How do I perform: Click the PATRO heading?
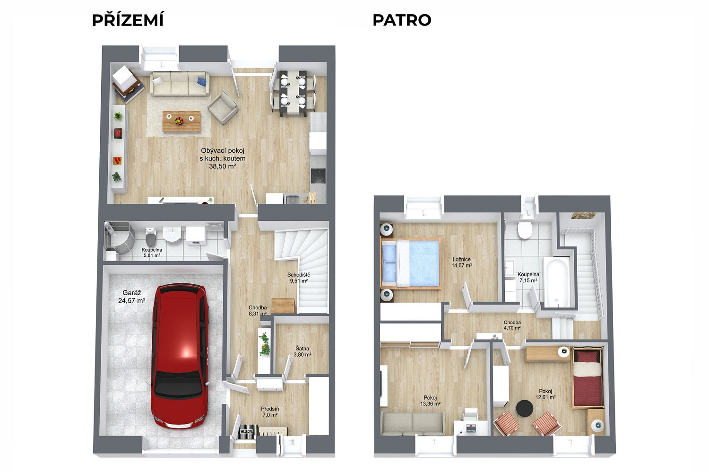[402, 20]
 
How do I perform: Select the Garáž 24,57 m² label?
[132, 297]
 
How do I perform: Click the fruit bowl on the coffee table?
[179, 121]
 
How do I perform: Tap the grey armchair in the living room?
[223, 107]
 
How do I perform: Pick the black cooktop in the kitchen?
[318, 176]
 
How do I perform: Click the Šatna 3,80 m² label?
[303, 351]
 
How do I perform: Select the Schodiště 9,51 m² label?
[299, 278]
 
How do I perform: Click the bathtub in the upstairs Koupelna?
[557, 282]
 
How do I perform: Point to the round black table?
[525, 408]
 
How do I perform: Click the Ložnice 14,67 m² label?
[461, 263]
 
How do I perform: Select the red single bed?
[588, 377]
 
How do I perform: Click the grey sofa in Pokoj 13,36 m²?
[413, 423]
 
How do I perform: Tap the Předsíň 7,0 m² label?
[270, 412]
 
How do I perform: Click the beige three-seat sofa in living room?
[180, 84]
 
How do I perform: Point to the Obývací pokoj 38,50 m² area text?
[223, 158]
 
